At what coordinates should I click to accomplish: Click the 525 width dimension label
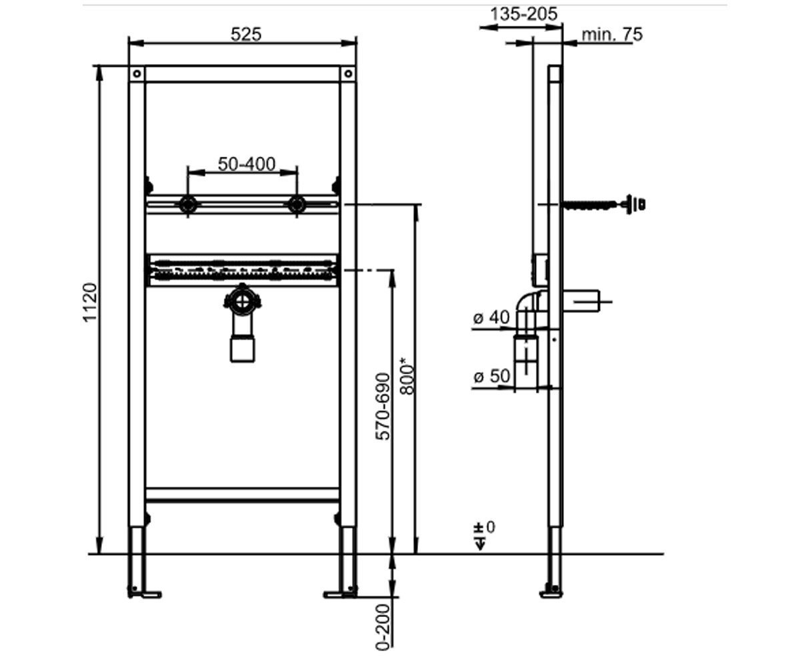coord(246,35)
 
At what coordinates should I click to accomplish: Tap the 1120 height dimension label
coord(91,303)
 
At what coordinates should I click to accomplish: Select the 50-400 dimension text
coord(247,165)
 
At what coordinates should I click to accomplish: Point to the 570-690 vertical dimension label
coord(383,406)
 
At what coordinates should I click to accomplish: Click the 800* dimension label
coord(407,376)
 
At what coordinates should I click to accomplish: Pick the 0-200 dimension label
coord(383,628)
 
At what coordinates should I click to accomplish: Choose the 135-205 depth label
coord(524,15)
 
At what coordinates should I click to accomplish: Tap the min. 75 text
coord(612,35)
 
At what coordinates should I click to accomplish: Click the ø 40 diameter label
coord(491,317)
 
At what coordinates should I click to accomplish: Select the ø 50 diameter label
coord(492,376)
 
